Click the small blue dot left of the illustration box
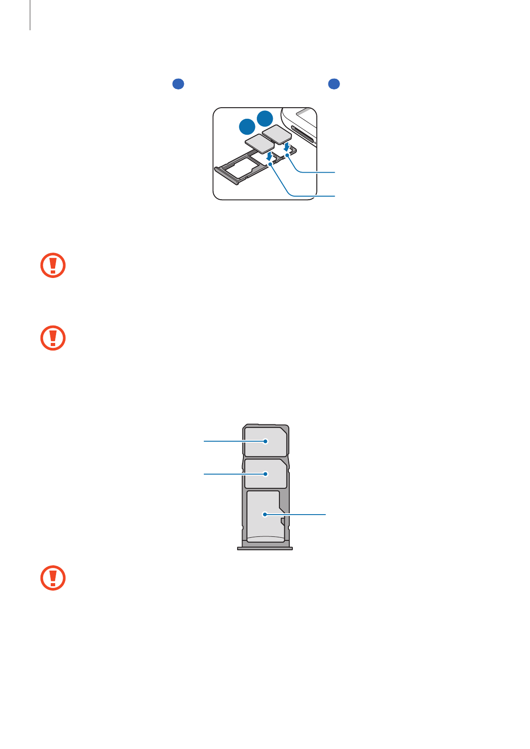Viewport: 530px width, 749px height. (x=178, y=84)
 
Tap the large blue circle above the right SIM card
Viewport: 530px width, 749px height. (x=265, y=118)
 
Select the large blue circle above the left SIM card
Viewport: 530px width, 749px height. (x=247, y=127)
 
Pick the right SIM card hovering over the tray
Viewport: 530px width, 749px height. (x=277, y=134)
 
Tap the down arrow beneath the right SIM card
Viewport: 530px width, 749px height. (x=287, y=146)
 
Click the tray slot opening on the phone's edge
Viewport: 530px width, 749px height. (x=303, y=133)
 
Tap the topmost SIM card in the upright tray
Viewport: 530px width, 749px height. (x=265, y=442)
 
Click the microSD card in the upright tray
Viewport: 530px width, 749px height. (x=265, y=516)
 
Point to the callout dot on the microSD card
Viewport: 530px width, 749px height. (x=265, y=515)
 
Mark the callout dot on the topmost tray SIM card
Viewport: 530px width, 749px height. (x=266, y=441)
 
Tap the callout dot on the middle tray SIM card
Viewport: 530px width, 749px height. (x=266, y=474)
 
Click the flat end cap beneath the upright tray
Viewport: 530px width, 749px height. (x=265, y=548)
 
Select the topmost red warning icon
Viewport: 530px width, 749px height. (x=53, y=266)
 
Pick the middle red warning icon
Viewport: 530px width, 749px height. (x=53, y=338)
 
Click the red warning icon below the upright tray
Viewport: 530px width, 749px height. (x=53, y=578)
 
